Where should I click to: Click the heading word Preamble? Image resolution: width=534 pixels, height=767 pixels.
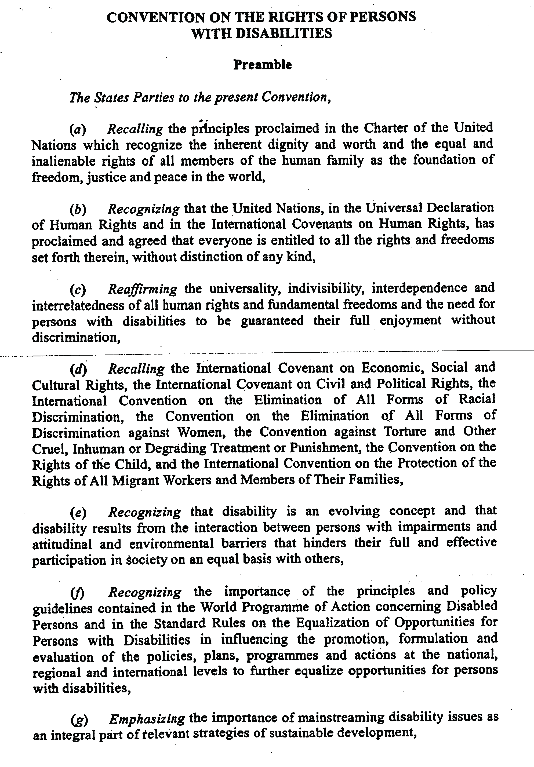point(262,65)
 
